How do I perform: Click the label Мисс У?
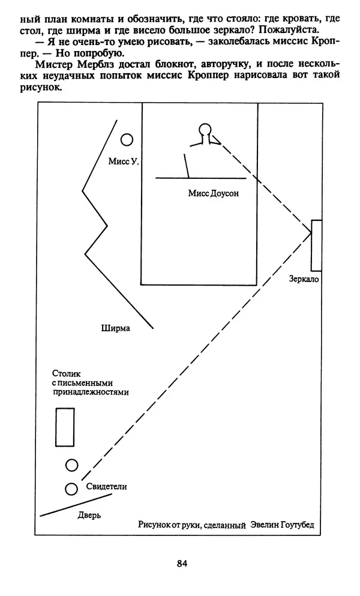click(124, 161)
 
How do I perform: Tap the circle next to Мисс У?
click(127, 140)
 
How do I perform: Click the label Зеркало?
click(304, 280)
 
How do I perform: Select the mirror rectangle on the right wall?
click(316, 245)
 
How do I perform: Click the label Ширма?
click(116, 328)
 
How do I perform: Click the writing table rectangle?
click(65, 427)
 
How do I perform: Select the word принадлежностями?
click(90, 392)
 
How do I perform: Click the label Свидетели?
click(107, 487)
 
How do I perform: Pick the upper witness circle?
click(71, 465)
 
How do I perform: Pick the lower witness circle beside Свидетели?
click(71, 489)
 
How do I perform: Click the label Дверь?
click(90, 515)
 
